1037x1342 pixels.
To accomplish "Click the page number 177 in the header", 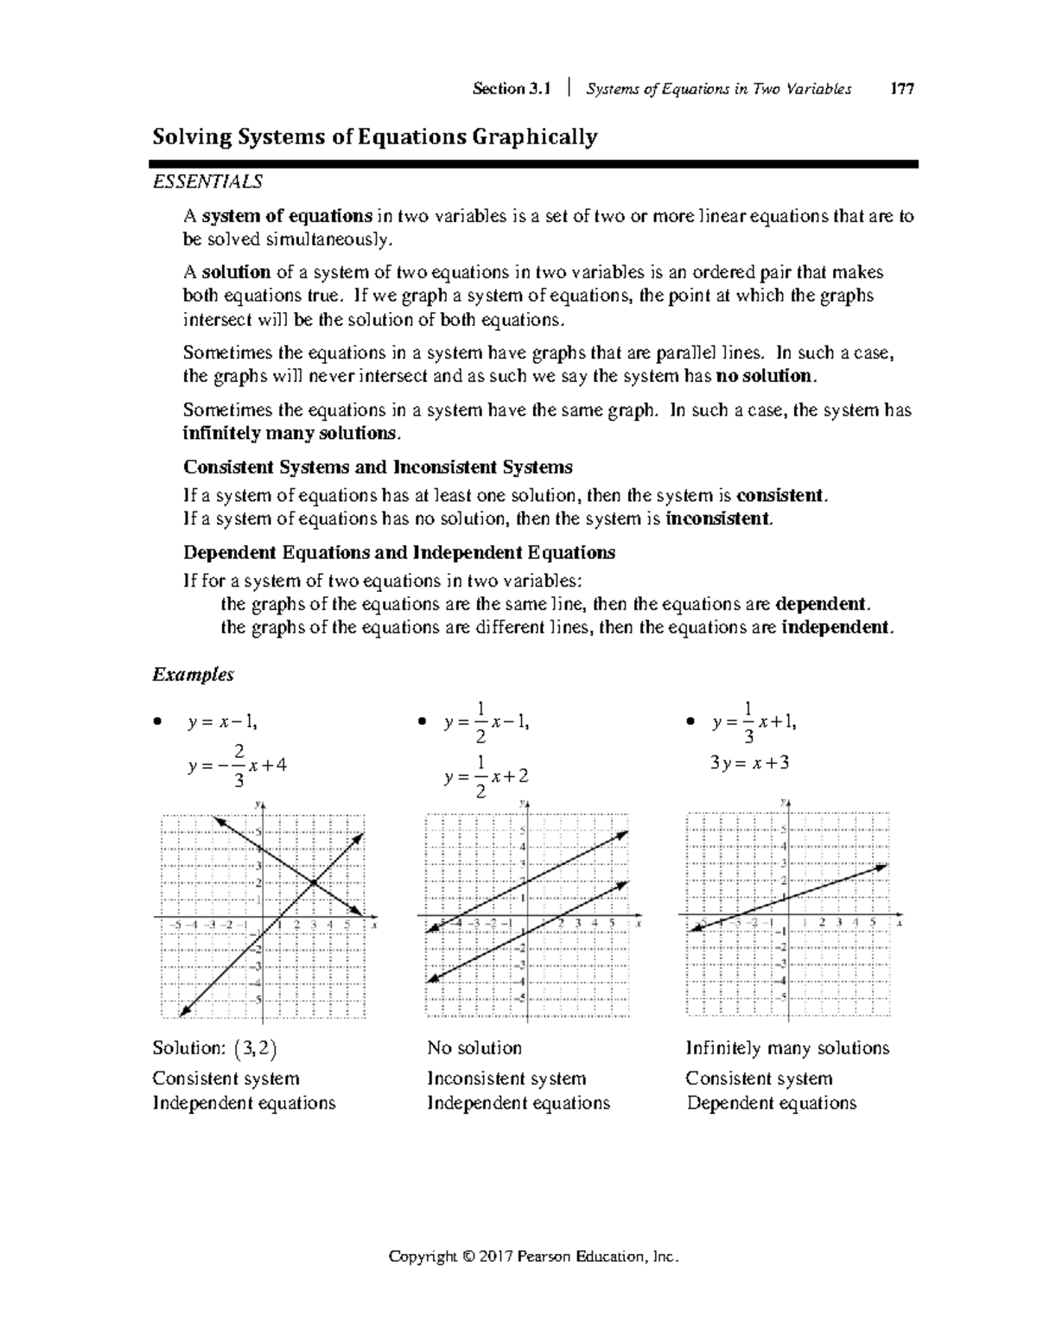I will [902, 89].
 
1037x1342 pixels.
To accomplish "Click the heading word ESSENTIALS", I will [207, 182].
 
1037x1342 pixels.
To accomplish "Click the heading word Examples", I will [193, 675].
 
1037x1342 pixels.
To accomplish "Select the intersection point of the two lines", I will [313, 882].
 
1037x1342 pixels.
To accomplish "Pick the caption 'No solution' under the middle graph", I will [474, 1048].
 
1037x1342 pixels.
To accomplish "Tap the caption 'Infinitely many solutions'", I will [787, 1048].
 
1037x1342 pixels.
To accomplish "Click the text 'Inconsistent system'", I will [506, 1078].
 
